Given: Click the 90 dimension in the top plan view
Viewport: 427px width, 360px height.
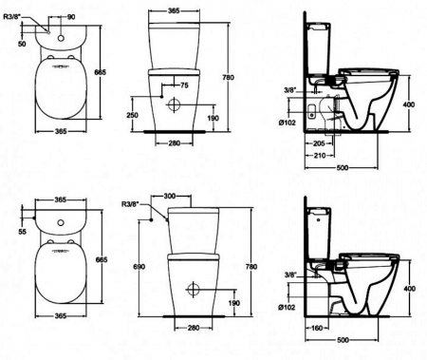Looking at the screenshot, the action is [x=71, y=17].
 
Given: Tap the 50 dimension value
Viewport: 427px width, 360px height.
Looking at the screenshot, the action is [x=22, y=44].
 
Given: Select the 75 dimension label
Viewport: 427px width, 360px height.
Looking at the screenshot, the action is [x=184, y=85].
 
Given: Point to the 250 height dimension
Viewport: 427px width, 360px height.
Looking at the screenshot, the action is [x=132, y=115].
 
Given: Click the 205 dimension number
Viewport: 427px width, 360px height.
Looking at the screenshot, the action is [x=318, y=143].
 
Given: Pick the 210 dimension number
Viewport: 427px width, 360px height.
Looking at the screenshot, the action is [x=320, y=156].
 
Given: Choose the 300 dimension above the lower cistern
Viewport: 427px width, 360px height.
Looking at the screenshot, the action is [x=170, y=197].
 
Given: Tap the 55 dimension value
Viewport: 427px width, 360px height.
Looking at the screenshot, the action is [x=22, y=232].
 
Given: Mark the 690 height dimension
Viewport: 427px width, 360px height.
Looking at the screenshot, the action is [x=139, y=267].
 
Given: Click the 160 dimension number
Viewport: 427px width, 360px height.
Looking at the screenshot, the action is [x=316, y=328].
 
